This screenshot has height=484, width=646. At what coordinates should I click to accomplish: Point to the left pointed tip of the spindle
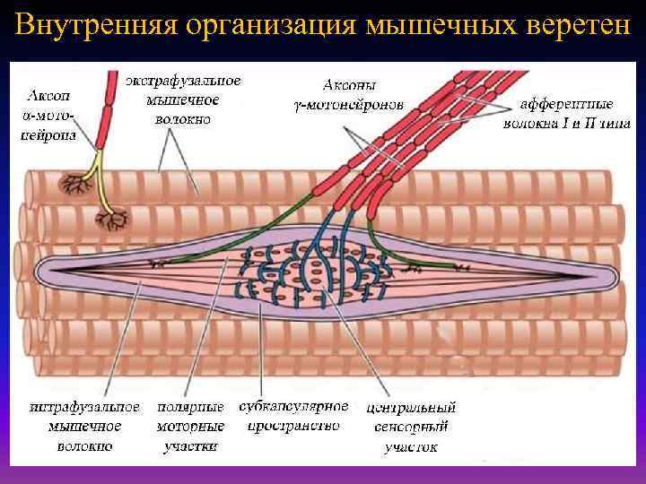41,269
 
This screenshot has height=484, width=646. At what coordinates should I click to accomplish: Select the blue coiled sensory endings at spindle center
314,269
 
